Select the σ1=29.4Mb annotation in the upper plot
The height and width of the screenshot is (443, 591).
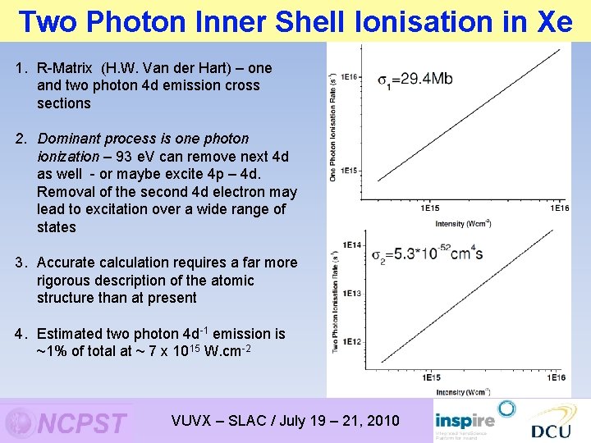(x=415, y=80)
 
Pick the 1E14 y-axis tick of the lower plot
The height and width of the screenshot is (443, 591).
(x=352, y=245)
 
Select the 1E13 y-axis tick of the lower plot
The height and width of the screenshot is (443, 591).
(x=352, y=293)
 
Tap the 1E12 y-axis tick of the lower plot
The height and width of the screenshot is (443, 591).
(x=352, y=341)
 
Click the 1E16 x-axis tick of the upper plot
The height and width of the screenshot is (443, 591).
(x=558, y=209)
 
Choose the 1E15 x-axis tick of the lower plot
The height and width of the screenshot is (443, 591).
(x=431, y=378)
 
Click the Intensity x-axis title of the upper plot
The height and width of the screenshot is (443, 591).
(x=463, y=223)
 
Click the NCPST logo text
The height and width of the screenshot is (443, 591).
(x=82, y=423)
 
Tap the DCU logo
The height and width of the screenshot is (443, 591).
(x=551, y=430)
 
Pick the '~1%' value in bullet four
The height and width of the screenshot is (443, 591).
(x=51, y=351)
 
